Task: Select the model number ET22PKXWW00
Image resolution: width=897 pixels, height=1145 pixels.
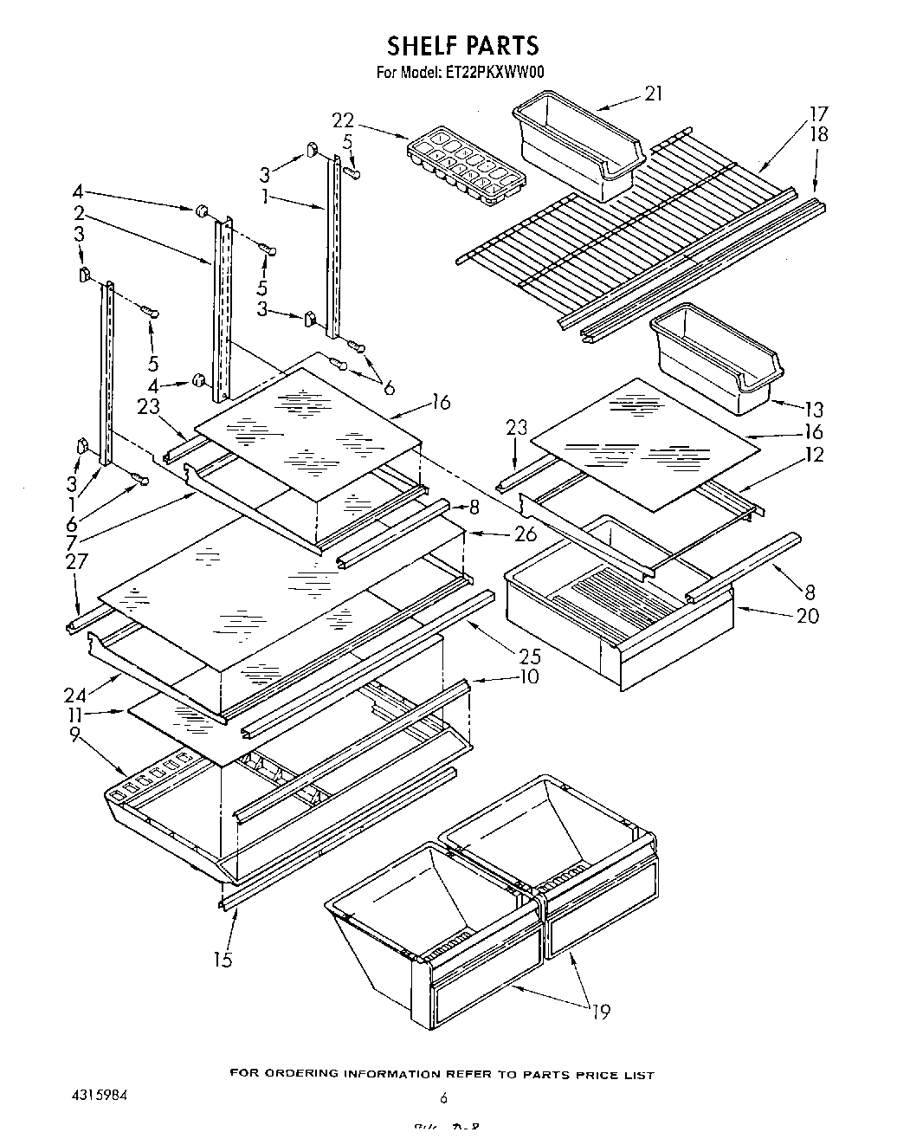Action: pyautogui.click(x=497, y=74)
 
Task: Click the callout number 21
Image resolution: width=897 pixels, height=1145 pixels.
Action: pyautogui.click(x=654, y=94)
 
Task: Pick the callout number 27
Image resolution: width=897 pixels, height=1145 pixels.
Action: pyautogui.click(x=77, y=562)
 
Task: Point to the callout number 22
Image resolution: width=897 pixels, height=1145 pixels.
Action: pyautogui.click(x=343, y=120)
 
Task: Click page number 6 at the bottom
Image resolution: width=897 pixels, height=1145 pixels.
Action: pyautogui.click(x=443, y=1097)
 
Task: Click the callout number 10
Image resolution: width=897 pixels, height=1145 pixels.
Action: pyautogui.click(x=527, y=676)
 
